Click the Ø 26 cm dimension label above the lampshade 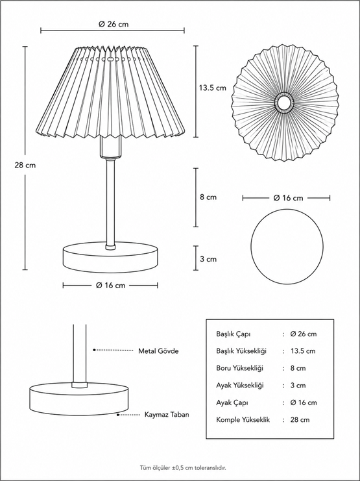pos(114,25)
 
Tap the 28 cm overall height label pos(25,165)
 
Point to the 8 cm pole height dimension pos(208,197)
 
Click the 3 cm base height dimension pos(208,259)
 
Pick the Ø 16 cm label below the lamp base pos(110,285)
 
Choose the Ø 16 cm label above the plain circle pos(288,198)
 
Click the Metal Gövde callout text pos(158,351)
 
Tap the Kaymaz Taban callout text pos(167,415)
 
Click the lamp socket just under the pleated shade pos(110,147)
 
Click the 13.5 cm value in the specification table pos(303,351)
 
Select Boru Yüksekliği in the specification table pos(239,368)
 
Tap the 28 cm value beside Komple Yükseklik pos(300,419)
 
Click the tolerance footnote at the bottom pos(183,468)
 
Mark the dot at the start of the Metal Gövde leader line pos(95,350)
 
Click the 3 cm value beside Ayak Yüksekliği pos(298,386)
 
